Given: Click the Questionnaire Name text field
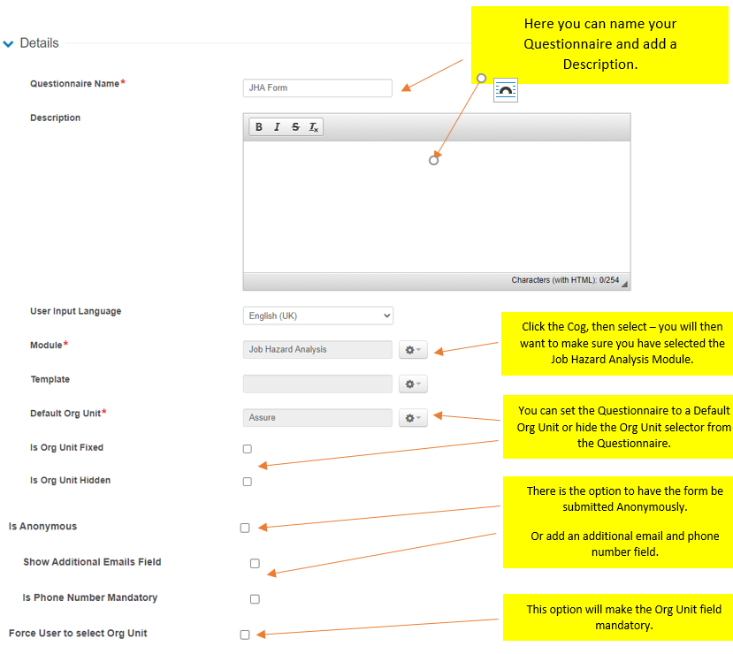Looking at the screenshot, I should pos(317,88).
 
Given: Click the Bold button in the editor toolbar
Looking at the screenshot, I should pos(259,127).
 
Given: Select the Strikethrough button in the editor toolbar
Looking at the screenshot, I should pos(295,127).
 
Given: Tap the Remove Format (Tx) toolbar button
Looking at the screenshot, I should pos(313,127).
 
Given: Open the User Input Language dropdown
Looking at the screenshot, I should pos(317,316).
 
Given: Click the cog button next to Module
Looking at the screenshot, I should pos(413,350).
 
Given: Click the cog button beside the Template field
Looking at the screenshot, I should pos(413,384).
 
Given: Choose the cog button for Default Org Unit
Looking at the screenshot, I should pos(413,418).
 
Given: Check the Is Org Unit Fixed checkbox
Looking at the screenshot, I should pos(248,449).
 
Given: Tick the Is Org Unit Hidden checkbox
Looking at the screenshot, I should pos(248,482).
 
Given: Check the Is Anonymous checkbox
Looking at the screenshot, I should pos(245,528).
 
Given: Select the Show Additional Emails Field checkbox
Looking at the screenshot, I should pos(255,563).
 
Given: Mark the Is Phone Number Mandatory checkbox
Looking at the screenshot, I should pos(255,599).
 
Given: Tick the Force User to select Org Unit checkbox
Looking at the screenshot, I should pos(245,635).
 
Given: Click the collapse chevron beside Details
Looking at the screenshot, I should pos(9,43).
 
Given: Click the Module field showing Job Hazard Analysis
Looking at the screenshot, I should pos(317,350).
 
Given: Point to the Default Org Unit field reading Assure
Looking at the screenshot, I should pos(317,418).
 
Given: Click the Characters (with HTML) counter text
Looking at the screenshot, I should pos(565,280).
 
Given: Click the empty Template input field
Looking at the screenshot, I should pos(317,384).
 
